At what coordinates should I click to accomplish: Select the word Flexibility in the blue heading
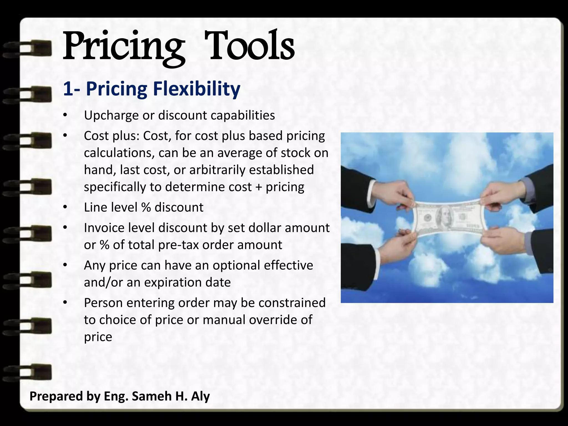pos(196,89)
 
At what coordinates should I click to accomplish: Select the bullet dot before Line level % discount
pos(65,207)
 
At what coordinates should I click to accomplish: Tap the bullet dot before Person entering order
pos(65,303)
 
